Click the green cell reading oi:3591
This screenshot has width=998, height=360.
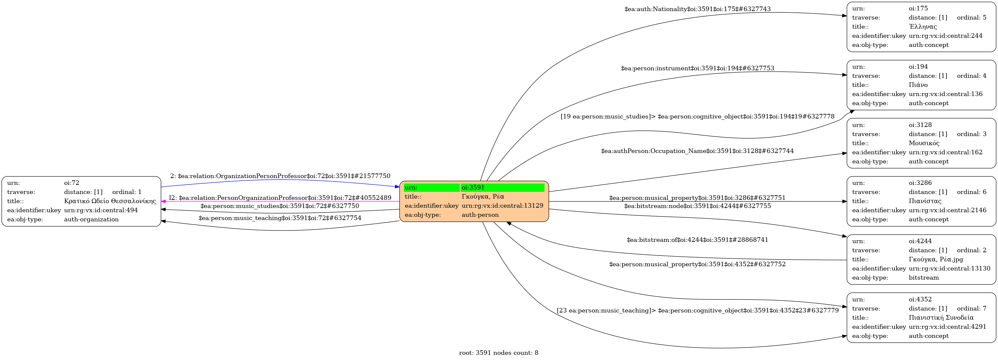502,187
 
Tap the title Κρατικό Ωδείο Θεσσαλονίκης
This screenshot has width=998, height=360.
110,201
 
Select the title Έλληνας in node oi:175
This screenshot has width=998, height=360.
923,27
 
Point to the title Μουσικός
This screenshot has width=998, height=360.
924,143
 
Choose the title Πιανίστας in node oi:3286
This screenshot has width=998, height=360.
925,201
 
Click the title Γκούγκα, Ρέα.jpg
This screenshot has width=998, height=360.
935,259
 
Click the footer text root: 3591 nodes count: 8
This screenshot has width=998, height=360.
498,353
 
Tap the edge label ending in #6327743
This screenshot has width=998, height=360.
697,9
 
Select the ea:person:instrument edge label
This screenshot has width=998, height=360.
697,68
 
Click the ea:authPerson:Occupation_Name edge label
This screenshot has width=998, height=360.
697,151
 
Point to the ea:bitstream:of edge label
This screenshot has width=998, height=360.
697,240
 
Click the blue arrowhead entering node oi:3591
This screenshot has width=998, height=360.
397,187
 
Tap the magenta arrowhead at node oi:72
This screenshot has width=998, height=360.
163,201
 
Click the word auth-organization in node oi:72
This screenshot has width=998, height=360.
91,219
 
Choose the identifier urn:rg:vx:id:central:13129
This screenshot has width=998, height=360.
502,206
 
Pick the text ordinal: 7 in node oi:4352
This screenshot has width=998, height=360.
971,309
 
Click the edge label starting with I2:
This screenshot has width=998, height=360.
280,198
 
